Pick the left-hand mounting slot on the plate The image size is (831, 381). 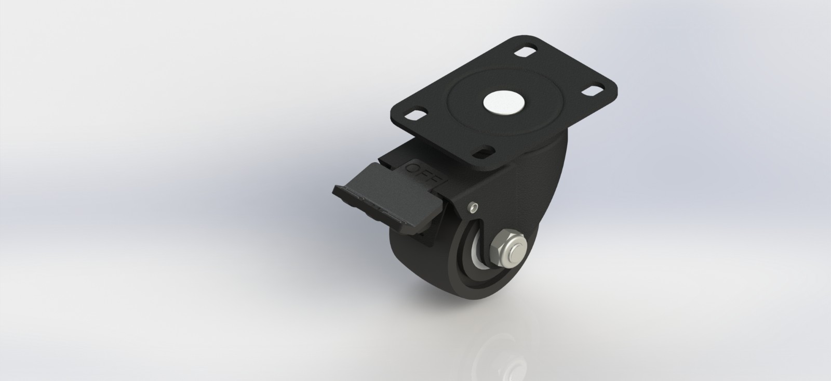coord(415,115)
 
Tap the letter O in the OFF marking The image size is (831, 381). coord(413,167)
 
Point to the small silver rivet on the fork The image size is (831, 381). coord(473,207)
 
